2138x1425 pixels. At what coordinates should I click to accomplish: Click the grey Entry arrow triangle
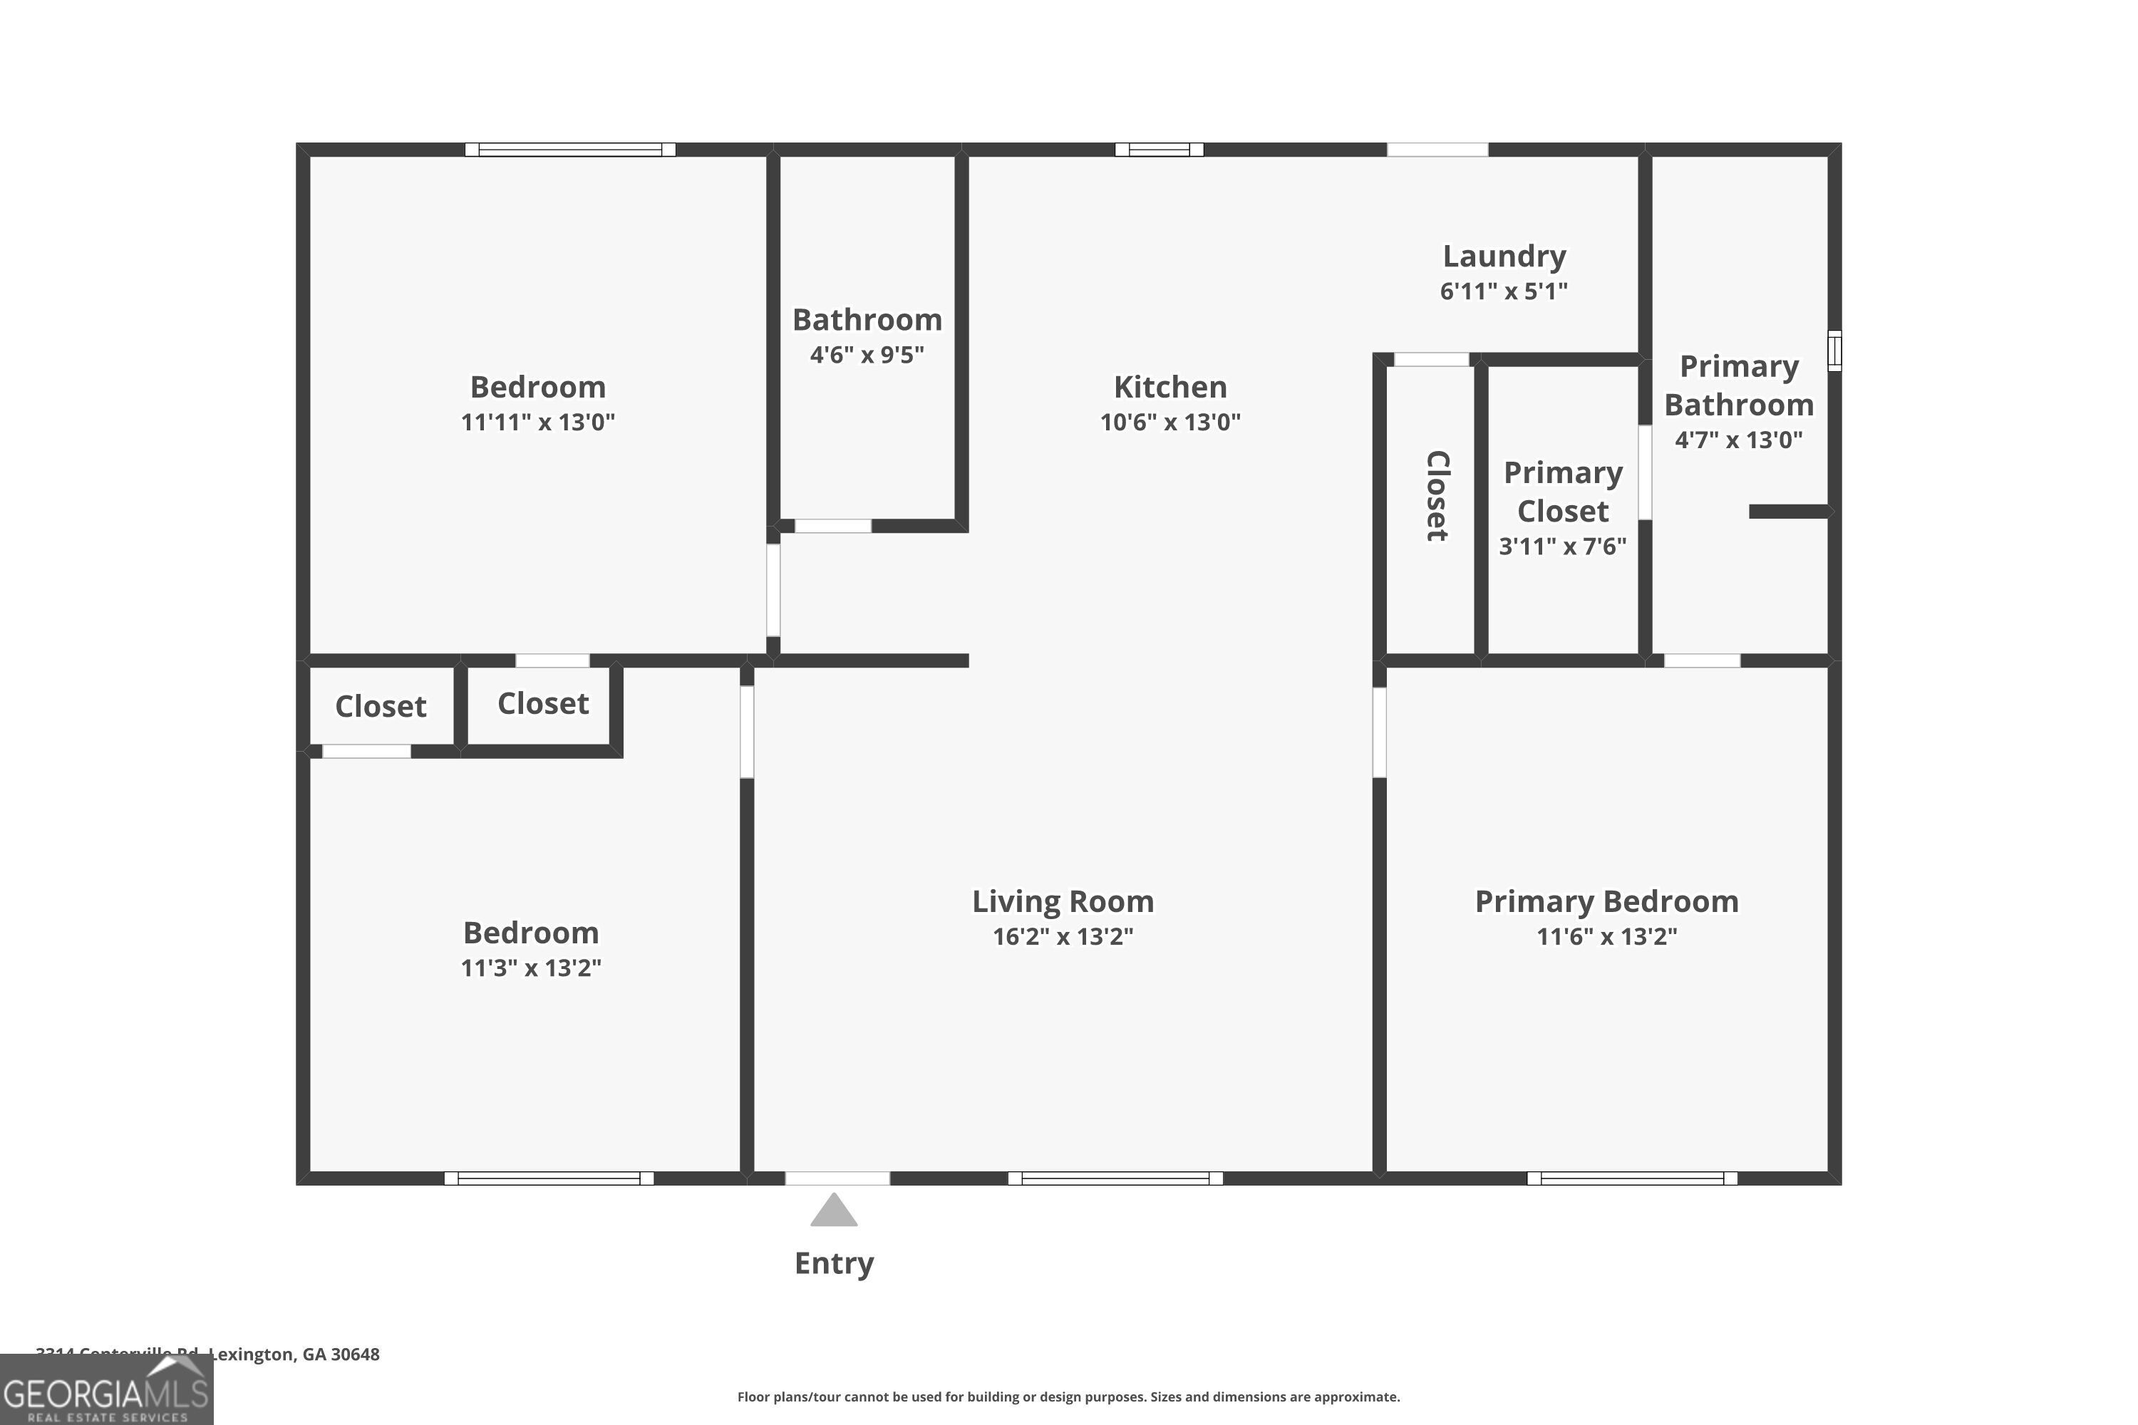click(834, 1211)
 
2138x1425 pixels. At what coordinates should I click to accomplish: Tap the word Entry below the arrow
click(834, 1263)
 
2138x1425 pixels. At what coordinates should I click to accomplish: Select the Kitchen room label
click(1170, 387)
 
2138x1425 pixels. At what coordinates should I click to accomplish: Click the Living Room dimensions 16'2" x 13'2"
click(1063, 937)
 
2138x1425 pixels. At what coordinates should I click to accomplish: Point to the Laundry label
click(1504, 256)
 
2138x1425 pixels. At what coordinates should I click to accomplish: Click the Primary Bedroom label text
click(1606, 901)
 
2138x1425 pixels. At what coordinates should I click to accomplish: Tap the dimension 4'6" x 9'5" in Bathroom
click(867, 354)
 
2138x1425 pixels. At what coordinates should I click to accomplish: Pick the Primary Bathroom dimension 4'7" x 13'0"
click(1738, 440)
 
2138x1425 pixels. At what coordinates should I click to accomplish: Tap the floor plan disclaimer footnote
click(1068, 1396)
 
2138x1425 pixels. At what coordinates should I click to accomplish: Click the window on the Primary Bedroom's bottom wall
click(1632, 1178)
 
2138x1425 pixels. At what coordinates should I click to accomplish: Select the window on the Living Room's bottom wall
click(1115, 1178)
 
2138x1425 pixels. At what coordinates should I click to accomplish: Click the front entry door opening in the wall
click(837, 1178)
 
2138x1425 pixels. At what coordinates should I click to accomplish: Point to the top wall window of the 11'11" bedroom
click(570, 150)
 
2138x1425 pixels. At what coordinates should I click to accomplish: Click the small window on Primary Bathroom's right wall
click(1834, 351)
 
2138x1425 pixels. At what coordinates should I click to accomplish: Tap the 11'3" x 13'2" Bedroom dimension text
click(531, 968)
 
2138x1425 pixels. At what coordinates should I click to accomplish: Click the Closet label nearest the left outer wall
click(380, 706)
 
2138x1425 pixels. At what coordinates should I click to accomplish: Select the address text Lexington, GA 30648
click(294, 1354)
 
